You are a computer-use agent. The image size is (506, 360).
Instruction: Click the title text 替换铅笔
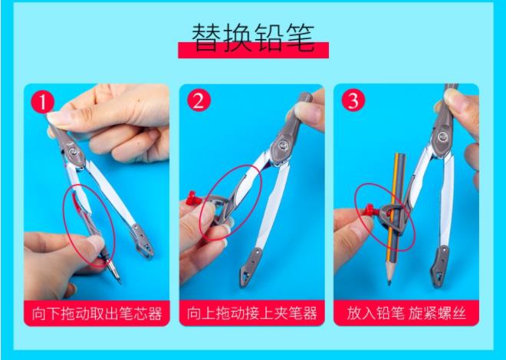(253, 38)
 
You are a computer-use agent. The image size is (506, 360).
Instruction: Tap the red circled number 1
(43, 101)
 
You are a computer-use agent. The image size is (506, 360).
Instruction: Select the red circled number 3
(353, 100)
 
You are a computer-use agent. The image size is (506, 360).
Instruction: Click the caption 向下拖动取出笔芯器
(97, 313)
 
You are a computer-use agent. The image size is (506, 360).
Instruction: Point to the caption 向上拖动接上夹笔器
(251, 313)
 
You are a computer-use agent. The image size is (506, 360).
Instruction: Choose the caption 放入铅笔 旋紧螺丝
(406, 313)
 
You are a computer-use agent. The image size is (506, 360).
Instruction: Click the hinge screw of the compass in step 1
(74, 151)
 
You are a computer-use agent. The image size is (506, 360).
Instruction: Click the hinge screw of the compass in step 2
(284, 146)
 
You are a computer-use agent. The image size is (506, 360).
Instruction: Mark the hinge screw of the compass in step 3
(444, 136)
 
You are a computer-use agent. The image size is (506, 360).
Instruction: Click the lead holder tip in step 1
(120, 281)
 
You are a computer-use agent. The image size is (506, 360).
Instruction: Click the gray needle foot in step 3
(439, 267)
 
